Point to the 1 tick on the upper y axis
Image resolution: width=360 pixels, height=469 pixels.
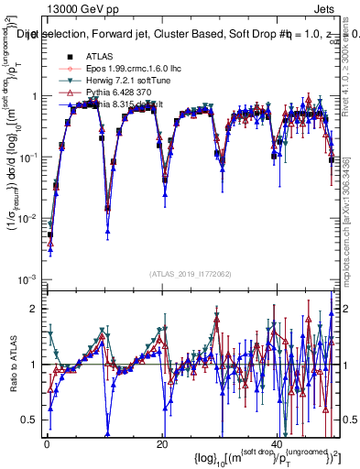34,96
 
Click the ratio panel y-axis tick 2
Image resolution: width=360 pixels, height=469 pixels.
34,308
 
